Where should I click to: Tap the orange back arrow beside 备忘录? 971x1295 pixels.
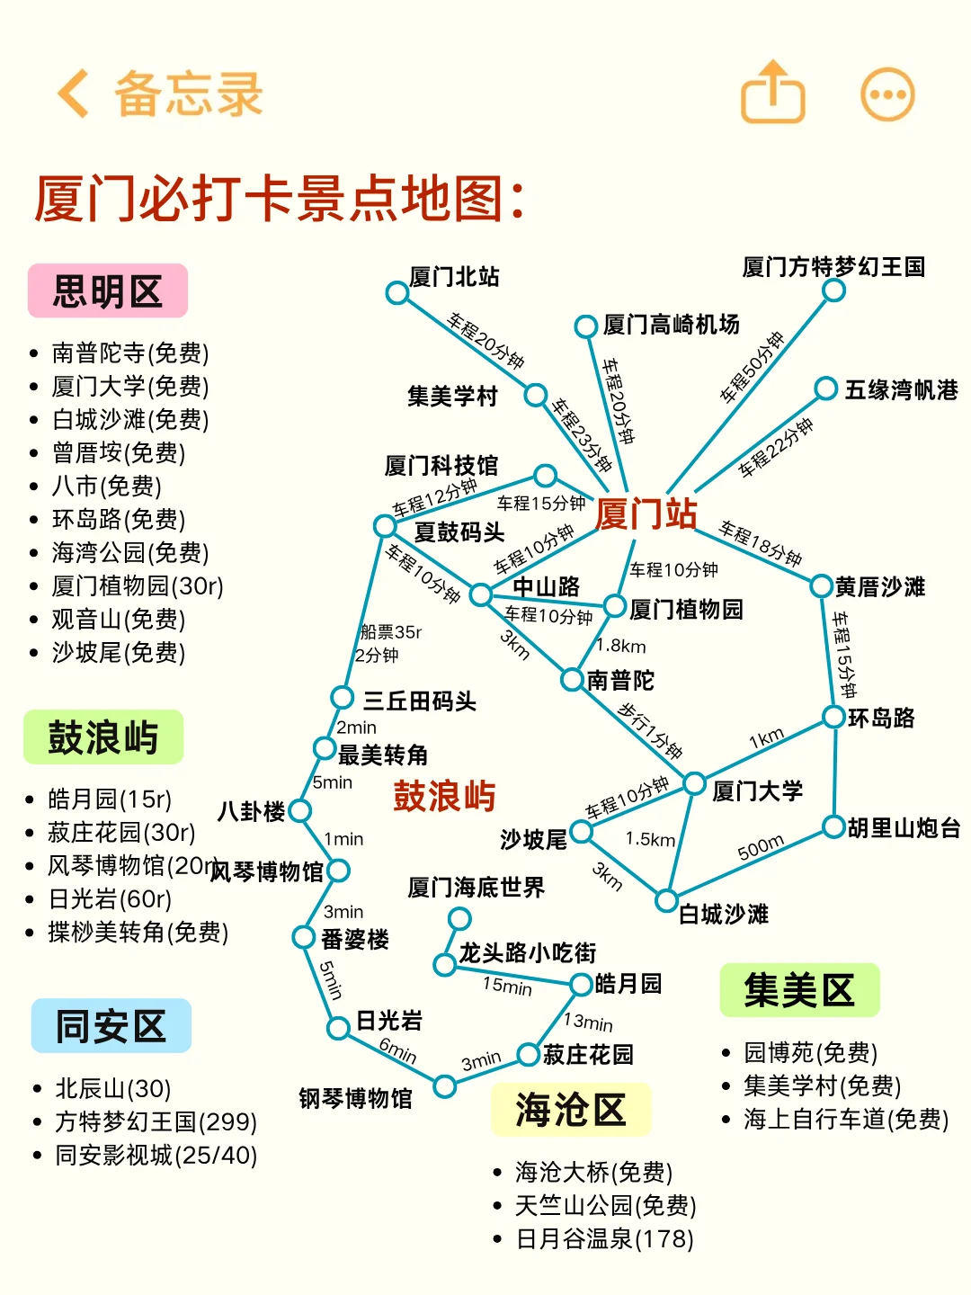click(x=74, y=94)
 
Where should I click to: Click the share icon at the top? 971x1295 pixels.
click(x=772, y=92)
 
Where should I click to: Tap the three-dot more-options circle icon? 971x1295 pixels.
click(x=887, y=94)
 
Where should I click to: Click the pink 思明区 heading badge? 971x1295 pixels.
click(x=108, y=291)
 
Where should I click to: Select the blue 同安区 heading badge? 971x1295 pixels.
click(x=111, y=1026)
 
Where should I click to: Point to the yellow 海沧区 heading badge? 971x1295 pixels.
click(x=571, y=1110)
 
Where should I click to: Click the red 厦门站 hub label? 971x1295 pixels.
click(x=646, y=514)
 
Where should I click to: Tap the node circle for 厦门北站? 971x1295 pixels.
click(x=396, y=292)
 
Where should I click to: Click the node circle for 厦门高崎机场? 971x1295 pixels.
click(x=586, y=326)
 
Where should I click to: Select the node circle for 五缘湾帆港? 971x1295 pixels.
click(x=825, y=388)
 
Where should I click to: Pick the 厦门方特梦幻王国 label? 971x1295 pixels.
click(x=833, y=267)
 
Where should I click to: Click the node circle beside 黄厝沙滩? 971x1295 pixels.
click(x=821, y=586)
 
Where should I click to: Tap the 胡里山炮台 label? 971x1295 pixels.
click(x=904, y=827)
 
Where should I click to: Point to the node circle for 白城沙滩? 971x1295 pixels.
click(x=666, y=899)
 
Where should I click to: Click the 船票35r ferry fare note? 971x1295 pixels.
click(x=390, y=632)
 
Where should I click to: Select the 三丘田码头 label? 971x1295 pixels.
click(x=419, y=701)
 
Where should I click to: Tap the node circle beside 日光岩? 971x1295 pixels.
click(x=338, y=1027)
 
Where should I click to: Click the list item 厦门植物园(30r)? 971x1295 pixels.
click(x=138, y=586)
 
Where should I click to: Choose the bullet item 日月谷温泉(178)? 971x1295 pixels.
click(x=604, y=1239)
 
